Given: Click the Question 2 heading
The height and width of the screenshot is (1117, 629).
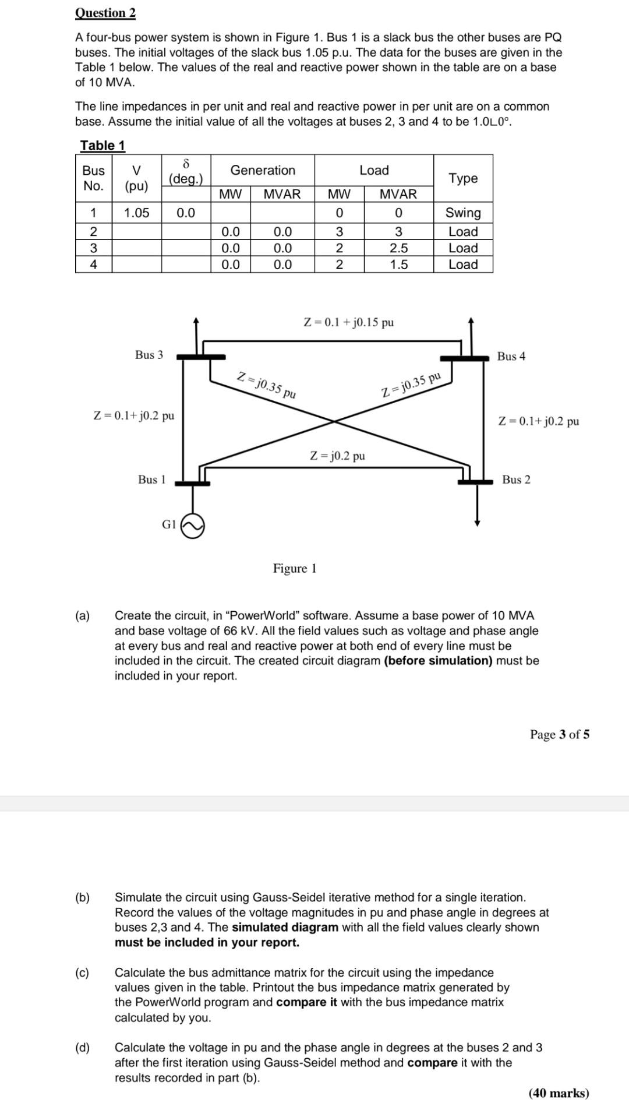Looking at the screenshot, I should [x=105, y=13].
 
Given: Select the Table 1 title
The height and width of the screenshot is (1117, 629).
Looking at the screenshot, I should [x=103, y=145].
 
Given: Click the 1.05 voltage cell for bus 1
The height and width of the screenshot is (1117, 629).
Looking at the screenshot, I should [x=136, y=213].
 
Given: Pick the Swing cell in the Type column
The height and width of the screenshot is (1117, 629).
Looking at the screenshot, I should [x=463, y=213].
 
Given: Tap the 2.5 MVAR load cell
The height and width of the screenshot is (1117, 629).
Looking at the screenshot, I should [x=398, y=248].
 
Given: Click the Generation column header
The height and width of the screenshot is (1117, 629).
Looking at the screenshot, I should [x=263, y=170].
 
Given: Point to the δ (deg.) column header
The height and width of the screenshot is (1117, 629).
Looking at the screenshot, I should [x=186, y=170].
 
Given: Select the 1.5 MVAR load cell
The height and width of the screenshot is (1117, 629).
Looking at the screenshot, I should [x=398, y=265].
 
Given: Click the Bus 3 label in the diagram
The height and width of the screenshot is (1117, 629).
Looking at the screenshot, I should [x=149, y=355].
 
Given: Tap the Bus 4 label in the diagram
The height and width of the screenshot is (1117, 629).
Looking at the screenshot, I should [x=511, y=356].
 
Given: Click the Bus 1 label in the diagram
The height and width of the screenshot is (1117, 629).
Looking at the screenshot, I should [x=151, y=480].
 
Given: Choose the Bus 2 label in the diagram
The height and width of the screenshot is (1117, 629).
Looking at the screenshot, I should [x=516, y=480].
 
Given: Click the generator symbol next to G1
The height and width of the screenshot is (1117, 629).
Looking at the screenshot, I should [x=193, y=526].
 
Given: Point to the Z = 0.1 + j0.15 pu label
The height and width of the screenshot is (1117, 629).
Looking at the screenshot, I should [x=349, y=322].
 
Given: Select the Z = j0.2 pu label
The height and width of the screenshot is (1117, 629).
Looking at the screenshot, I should [x=338, y=456].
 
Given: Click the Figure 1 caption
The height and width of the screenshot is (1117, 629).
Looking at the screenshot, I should [x=295, y=568].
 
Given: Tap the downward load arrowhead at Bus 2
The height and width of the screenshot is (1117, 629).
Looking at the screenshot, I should [x=478, y=523].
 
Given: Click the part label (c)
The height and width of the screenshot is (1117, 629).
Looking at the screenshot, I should [x=82, y=972].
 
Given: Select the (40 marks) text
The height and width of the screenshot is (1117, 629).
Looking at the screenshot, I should [x=559, y=1093].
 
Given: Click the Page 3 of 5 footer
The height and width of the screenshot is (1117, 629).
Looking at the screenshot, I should [x=559, y=734].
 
